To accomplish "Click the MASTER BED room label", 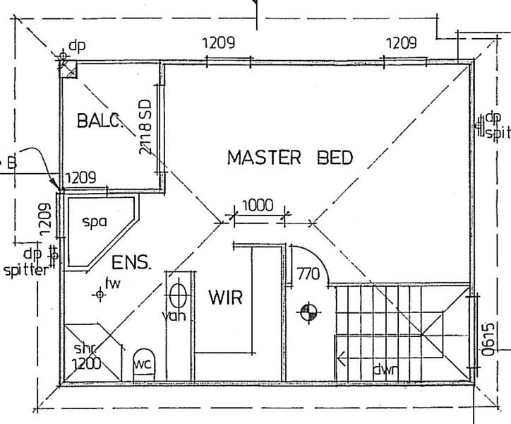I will click(x=289, y=157).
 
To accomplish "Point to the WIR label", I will click(x=224, y=298).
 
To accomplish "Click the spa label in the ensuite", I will click(x=94, y=221).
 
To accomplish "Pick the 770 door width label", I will click(x=308, y=273).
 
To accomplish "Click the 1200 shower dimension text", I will click(x=85, y=364).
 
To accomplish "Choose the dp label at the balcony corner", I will click(x=77, y=46).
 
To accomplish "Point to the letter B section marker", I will click(x=11, y=164).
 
